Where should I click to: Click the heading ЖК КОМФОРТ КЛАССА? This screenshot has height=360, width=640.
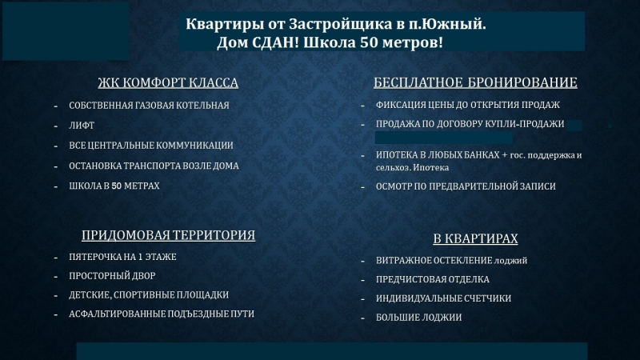click(x=168, y=82)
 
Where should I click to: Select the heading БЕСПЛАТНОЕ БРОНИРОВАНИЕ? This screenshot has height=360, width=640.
click(x=475, y=82)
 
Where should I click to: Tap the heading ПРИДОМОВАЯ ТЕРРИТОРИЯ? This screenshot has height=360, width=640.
click(x=168, y=235)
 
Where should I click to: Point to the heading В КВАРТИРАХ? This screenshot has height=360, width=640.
click(x=475, y=238)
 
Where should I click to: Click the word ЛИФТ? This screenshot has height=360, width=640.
click(x=82, y=126)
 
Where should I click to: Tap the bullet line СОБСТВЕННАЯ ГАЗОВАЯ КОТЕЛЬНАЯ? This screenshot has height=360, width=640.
click(x=149, y=106)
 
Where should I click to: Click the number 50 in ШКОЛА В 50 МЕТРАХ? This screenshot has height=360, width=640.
click(x=116, y=186)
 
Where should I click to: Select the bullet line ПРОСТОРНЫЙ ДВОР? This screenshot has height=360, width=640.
click(x=112, y=276)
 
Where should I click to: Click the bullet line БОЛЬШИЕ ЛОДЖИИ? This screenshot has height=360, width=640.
click(x=418, y=317)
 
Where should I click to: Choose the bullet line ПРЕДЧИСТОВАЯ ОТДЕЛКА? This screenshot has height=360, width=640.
click(x=433, y=279)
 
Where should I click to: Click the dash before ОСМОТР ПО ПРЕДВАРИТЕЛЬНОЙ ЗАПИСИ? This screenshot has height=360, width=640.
click(x=362, y=188)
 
